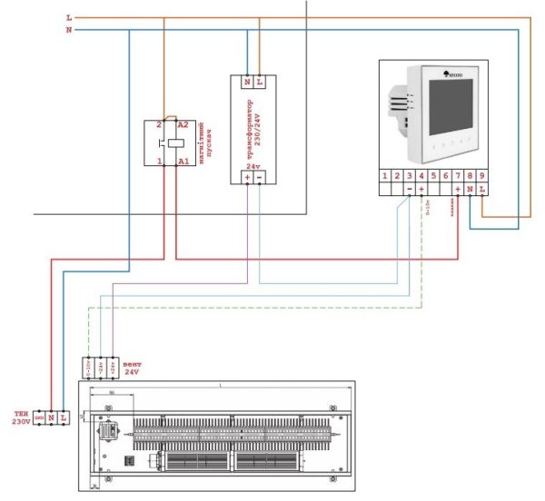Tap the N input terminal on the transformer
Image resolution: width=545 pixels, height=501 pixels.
pos(247,83)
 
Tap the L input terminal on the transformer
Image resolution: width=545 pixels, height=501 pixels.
pos(260,83)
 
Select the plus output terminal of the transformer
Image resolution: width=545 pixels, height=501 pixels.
pos(247,179)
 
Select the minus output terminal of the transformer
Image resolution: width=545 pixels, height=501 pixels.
pos(260,179)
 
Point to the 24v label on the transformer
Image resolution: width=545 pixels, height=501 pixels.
pos(253,167)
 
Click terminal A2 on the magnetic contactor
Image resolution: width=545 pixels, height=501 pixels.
pos(183,123)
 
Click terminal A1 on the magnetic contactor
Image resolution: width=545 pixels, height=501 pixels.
pos(183,161)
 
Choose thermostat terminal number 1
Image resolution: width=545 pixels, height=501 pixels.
pos(385,174)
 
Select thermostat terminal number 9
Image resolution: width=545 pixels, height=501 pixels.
pos(481,174)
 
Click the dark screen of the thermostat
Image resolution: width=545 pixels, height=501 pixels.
pos(451,105)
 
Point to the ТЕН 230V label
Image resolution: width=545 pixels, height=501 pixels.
pos(20,418)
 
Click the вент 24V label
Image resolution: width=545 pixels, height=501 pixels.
pos(132,368)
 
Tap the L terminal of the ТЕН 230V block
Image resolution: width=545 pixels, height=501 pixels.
pos(64,417)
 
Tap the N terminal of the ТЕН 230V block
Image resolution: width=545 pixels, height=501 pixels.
pos(52,417)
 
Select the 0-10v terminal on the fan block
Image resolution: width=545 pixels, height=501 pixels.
pos(88,369)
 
